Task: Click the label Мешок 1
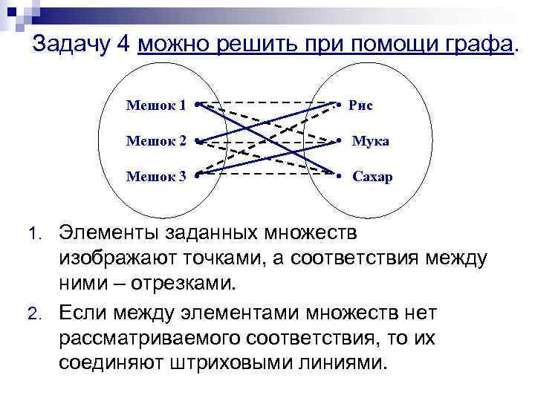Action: pos(155,105)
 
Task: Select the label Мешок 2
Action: pos(155,141)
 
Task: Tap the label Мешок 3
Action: pos(155,177)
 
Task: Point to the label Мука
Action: pos(370,141)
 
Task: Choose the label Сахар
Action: pos(372,177)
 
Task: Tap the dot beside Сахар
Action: pos(338,177)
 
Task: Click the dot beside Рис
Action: pos(338,105)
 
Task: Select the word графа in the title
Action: pos(475,45)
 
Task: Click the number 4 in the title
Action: pos(123,45)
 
